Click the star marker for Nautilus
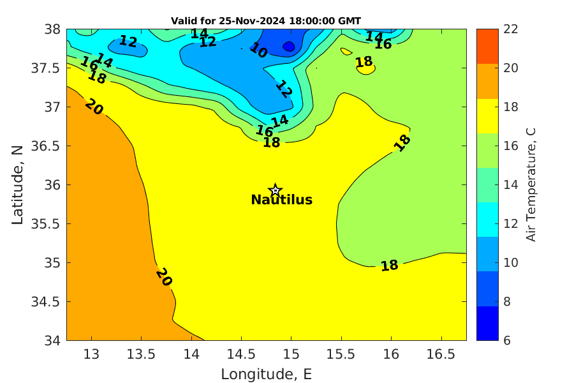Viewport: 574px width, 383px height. pyautogui.click(x=276, y=190)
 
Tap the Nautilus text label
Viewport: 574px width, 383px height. pyautogui.click(x=281, y=200)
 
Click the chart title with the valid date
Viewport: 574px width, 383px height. pyautogui.click(x=266, y=20)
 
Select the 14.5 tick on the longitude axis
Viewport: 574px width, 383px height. pyautogui.click(x=241, y=354)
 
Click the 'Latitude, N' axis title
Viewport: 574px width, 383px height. pyautogui.click(x=17, y=184)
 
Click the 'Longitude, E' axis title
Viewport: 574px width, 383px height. pyautogui.click(x=266, y=374)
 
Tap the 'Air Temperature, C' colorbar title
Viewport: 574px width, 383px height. pyautogui.click(x=531, y=184)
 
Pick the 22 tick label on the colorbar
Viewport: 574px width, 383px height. pyautogui.click(x=492, y=29)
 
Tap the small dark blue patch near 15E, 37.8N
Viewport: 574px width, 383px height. pyautogui.click(x=289, y=47)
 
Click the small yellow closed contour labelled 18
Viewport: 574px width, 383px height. pyautogui.click(x=365, y=67)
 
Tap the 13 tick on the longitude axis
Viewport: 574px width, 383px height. pyautogui.click(x=91, y=354)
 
